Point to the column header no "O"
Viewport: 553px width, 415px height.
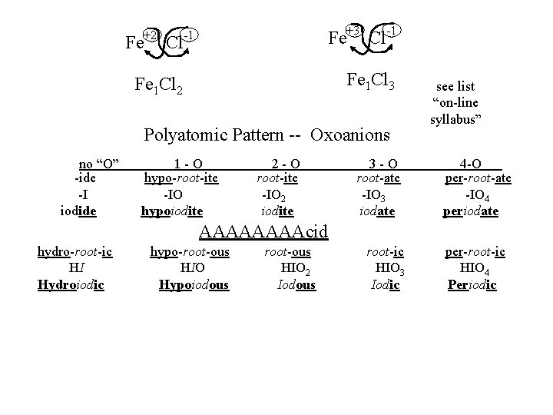(x=104, y=164)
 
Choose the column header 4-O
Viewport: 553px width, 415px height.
(x=471, y=164)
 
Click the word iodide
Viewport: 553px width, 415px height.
(x=78, y=209)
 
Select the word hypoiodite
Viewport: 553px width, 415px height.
(x=173, y=209)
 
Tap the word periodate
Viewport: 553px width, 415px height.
(x=471, y=209)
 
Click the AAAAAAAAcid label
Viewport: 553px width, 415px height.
(x=263, y=231)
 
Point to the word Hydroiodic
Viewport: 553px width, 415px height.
(x=71, y=285)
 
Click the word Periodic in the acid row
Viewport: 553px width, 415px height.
(x=472, y=285)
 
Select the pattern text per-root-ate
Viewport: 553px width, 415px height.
(x=478, y=179)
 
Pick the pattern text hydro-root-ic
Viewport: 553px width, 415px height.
(x=75, y=253)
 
